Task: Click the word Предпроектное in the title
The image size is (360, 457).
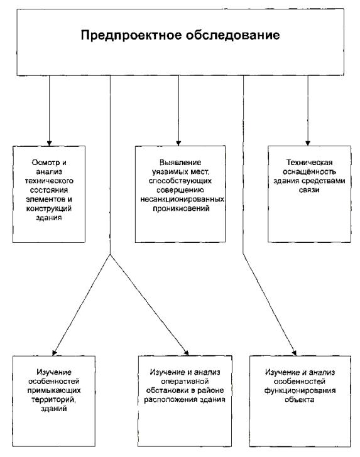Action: pyautogui.click(x=131, y=36)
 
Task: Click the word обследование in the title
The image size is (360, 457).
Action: pyautogui.click(x=233, y=35)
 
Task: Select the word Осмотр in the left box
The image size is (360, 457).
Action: pyautogui.click(x=45, y=163)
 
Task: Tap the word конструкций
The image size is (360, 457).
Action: pyautogui.click(x=49, y=208)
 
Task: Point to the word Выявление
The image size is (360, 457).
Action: pyautogui.click(x=180, y=163)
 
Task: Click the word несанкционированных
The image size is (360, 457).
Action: pyautogui.click(x=182, y=200)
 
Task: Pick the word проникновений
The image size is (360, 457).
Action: pyautogui.click(x=181, y=208)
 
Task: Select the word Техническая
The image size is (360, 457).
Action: pyautogui.click(x=309, y=163)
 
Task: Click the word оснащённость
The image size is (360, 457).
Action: pyautogui.click(x=309, y=171)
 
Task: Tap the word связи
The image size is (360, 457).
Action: pyautogui.click(x=309, y=190)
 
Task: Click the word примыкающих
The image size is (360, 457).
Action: pyautogui.click(x=54, y=390)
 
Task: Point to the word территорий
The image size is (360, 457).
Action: pyautogui.click(x=53, y=400)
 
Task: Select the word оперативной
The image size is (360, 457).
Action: pyautogui.click(x=185, y=382)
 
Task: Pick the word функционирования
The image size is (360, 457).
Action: pyautogui.click(x=300, y=390)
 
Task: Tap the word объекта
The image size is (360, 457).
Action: pyautogui.click(x=300, y=400)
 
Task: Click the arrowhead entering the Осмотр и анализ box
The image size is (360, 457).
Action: pyautogui.click(x=49, y=143)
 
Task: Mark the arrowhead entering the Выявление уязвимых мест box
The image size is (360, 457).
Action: pyautogui.click(x=178, y=143)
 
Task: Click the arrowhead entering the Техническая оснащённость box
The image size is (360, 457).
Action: pyautogui.click(x=308, y=143)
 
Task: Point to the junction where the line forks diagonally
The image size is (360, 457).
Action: pyautogui.click(x=111, y=254)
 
